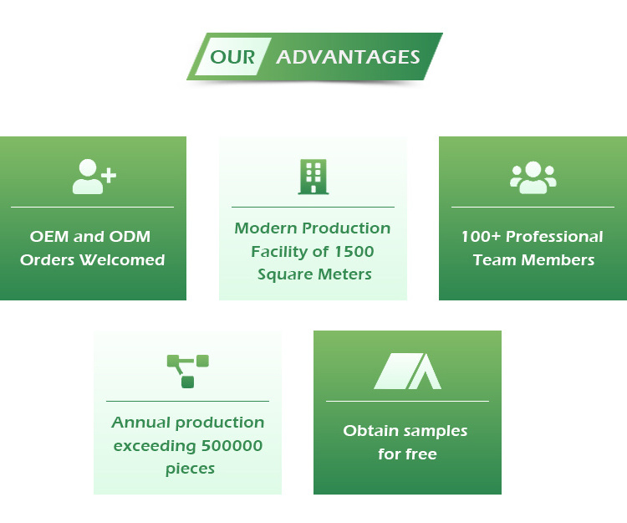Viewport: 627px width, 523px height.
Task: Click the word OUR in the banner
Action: point(232,57)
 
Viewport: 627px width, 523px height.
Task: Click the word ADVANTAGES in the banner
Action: point(348,57)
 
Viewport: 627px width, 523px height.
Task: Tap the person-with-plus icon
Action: point(94,177)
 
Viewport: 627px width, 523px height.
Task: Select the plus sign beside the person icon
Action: point(109,175)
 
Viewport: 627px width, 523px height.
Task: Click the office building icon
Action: point(313,177)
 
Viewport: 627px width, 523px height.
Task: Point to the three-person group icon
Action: point(533,177)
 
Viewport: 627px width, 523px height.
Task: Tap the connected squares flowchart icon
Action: point(188,371)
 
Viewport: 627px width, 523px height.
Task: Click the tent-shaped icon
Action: point(407,371)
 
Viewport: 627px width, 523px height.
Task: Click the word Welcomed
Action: point(122,260)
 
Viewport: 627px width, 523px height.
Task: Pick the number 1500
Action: point(354,252)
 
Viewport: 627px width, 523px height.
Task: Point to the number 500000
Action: point(232,446)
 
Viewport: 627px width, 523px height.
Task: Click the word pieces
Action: point(190,469)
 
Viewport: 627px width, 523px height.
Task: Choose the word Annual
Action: point(141,422)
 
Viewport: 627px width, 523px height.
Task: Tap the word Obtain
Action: point(370,431)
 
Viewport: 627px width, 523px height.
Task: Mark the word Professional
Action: point(554,237)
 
